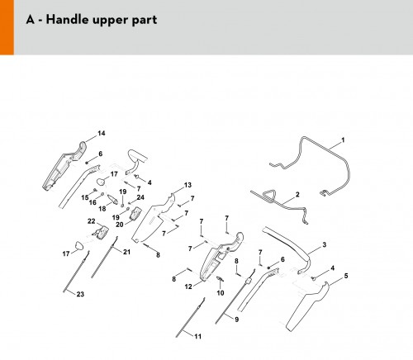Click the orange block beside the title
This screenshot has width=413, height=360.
coord(7,27)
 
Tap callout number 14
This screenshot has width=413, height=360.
coord(102,133)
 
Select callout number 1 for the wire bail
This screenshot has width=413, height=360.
coord(343,140)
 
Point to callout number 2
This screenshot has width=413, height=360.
coord(297,194)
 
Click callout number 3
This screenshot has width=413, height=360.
coord(325,244)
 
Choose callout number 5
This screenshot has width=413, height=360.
coord(346,276)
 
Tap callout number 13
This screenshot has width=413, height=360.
coord(188,185)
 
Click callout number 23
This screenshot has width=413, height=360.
coord(80,294)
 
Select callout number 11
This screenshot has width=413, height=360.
coord(197,336)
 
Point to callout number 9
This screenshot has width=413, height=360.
coord(236,320)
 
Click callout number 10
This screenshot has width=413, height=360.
coord(221,293)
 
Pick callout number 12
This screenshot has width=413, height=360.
coord(188,287)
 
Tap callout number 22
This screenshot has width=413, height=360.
coord(92,221)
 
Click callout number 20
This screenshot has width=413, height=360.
coord(120,225)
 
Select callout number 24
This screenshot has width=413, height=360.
coord(140,197)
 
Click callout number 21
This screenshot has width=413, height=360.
coord(126,252)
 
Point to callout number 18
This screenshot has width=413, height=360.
coord(102,209)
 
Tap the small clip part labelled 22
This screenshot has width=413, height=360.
coord(101,232)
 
